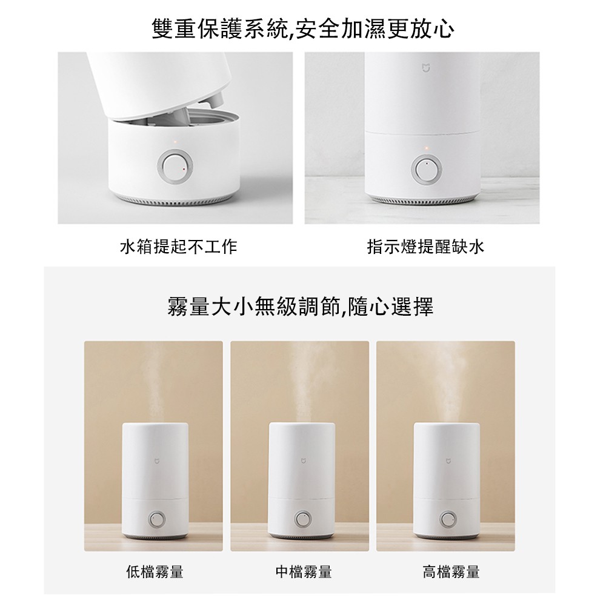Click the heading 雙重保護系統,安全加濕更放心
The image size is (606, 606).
click(303, 28)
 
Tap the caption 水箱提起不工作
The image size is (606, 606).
click(178, 247)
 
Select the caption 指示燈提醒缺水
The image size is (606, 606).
click(425, 247)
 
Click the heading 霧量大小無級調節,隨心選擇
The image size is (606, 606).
click(301, 307)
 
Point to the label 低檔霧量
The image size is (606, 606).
click(155, 571)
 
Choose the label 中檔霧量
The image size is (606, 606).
click(304, 571)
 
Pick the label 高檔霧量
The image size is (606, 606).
click(451, 571)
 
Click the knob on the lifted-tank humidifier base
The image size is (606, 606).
click(175, 168)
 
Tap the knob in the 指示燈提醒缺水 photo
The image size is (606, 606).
click(427, 169)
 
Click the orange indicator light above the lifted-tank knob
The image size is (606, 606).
click(175, 142)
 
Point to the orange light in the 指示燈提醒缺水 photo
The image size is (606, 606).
click(426, 148)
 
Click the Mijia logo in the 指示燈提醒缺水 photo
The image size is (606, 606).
click(426, 68)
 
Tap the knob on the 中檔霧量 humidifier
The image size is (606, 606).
click(302, 519)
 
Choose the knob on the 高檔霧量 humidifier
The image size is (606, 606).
click(448, 519)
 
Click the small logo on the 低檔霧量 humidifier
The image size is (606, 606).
click(156, 461)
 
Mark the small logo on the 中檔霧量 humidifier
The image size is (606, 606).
click(302, 461)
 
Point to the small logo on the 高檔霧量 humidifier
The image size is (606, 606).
click(448, 461)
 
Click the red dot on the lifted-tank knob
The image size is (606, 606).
click(184, 169)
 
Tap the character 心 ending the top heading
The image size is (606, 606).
click(443, 29)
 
